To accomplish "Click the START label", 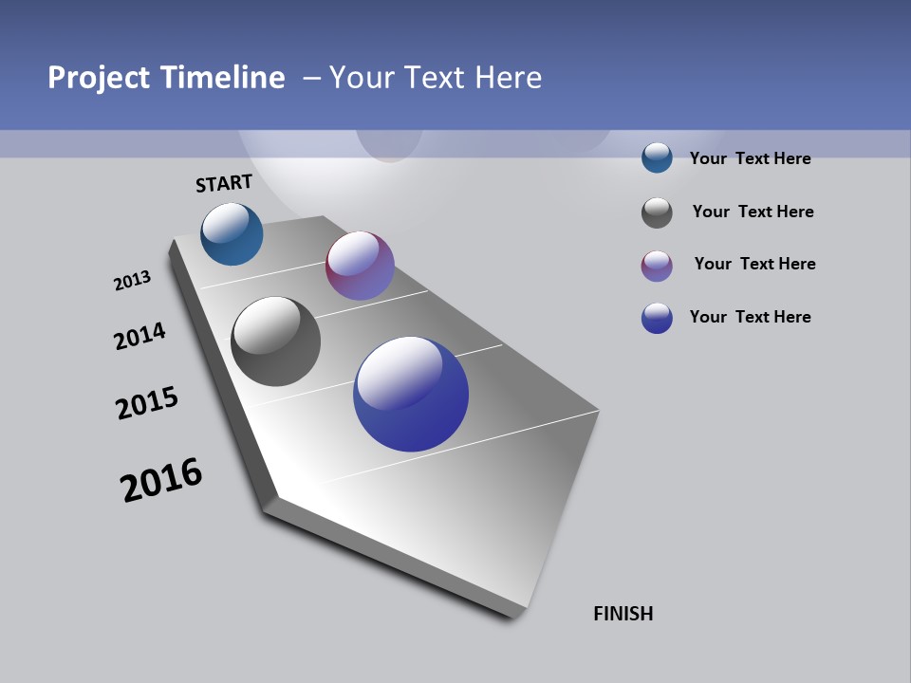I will [x=224, y=183].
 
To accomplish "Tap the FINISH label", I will [x=623, y=614].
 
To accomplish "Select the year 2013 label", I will [x=132, y=281].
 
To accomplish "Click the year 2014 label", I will [x=139, y=336].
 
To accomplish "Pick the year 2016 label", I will [x=161, y=480].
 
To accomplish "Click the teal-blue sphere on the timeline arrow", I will [x=232, y=234].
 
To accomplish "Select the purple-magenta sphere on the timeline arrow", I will [x=360, y=266].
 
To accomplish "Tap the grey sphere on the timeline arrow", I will [x=276, y=341].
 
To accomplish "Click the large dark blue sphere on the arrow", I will [x=411, y=394].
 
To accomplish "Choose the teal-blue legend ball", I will [x=657, y=157].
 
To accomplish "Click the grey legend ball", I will [x=657, y=212].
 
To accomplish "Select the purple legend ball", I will [x=657, y=266].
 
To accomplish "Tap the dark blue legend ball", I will [x=657, y=318].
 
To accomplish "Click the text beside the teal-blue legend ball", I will [x=750, y=158].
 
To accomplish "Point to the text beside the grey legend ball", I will [x=753, y=212].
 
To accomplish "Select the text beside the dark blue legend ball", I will [x=750, y=317].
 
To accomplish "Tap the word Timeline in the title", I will [x=224, y=77].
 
